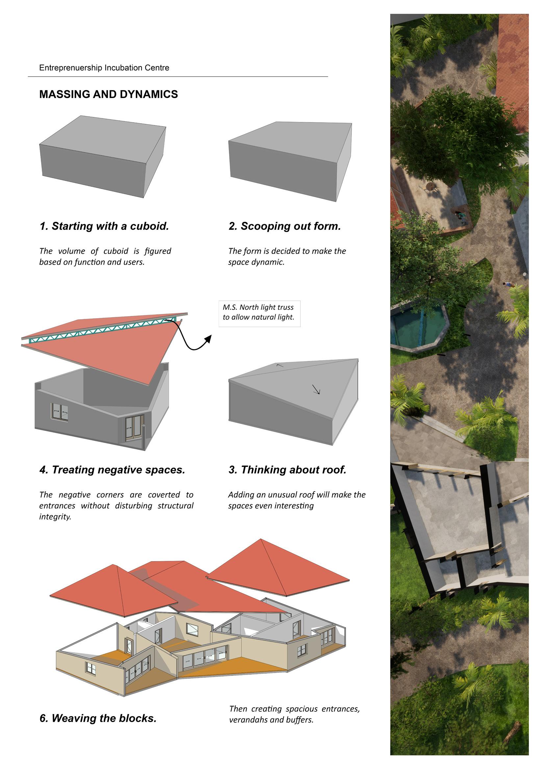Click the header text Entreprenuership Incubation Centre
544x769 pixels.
click(104, 68)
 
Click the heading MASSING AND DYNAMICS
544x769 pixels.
click(109, 94)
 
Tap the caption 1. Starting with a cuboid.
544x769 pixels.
click(104, 227)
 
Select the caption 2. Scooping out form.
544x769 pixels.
click(285, 227)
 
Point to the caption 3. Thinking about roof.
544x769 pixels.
click(287, 470)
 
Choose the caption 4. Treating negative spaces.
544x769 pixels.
click(112, 470)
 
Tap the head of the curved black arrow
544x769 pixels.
click(208, 339)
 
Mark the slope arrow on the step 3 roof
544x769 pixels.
click(316, 389)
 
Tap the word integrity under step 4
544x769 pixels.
click(55, 517)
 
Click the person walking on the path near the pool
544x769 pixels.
click(508, 285)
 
